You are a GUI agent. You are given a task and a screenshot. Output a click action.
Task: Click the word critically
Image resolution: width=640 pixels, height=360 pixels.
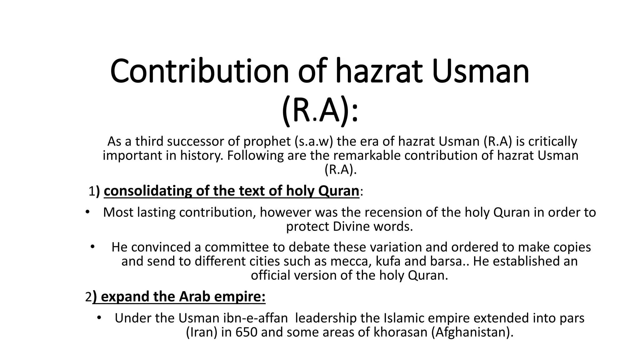(552, 142)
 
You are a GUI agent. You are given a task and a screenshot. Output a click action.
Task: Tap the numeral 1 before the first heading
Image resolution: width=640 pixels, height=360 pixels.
(92, 191)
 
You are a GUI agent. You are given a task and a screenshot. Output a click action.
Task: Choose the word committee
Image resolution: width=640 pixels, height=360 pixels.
(237, 247)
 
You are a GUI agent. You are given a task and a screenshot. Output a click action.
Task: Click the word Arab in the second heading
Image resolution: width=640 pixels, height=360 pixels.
(194, 297)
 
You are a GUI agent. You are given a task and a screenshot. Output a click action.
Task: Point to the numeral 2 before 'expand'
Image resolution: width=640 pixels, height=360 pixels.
(88, 297)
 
